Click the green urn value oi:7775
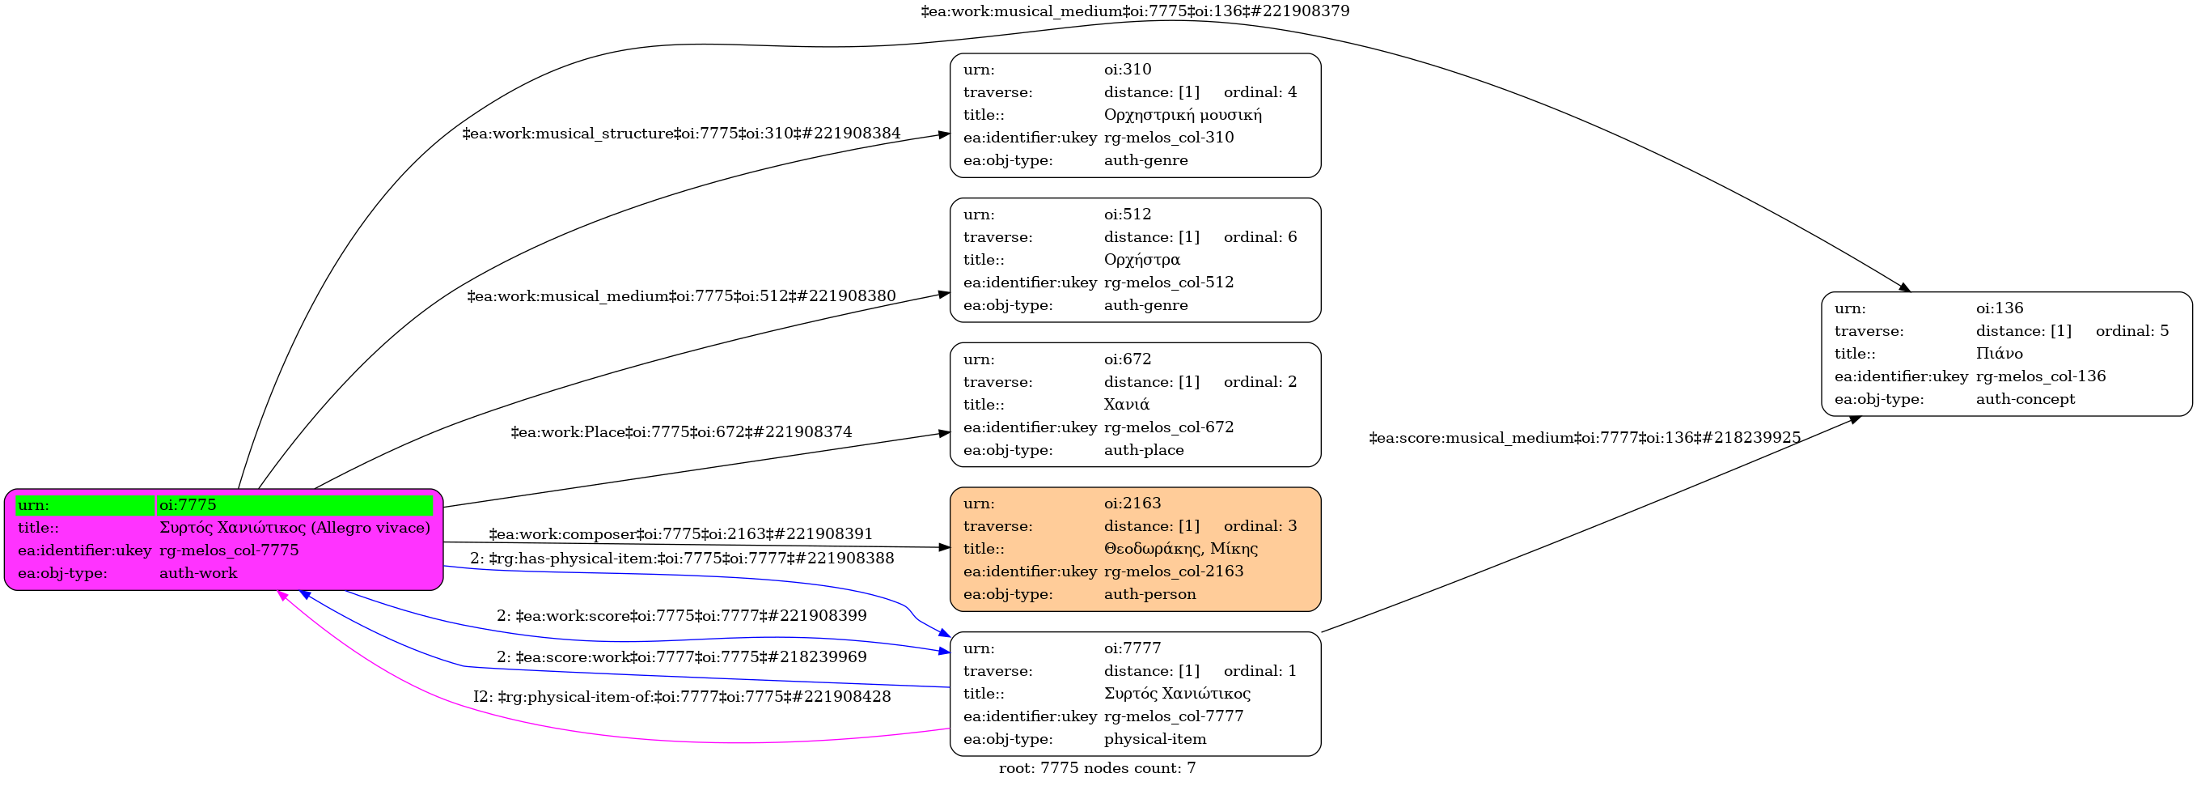(188, 505)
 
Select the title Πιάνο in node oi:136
(1999, 353)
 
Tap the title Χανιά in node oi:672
(1127, 405)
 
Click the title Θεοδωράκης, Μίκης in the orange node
(1180, 549)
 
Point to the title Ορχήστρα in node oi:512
(1142, 260)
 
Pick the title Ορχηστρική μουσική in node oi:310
(1183, 114)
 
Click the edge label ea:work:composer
(680, 534)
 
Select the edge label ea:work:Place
(680, 431)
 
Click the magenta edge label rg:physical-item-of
(681, 696)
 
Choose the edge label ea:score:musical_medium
(1585, 438)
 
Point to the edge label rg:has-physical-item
(681, 559)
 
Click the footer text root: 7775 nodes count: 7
(1097, 768)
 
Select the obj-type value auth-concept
(2026, 399)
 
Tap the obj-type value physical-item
(1155, 739)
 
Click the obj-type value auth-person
(1149, 594)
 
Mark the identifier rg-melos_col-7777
(1174, 716)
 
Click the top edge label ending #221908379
(1135, 11)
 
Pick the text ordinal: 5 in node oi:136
(2132, 331)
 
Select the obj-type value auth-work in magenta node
(198, 573)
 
